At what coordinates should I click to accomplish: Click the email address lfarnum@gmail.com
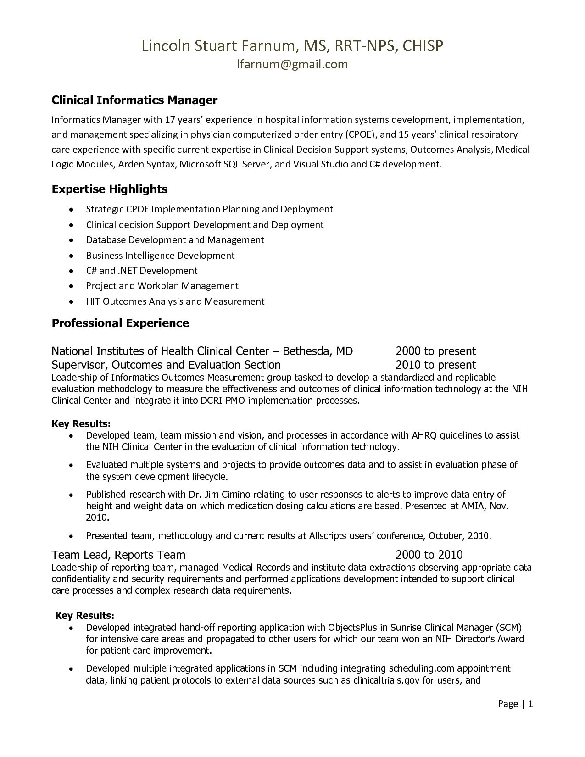(292, 64)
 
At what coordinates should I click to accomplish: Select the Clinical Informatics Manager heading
(134, 100)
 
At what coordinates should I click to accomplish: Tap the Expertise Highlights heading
(110, 189)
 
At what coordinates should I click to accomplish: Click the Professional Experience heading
(120, 323)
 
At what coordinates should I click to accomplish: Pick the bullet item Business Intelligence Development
(160, 256)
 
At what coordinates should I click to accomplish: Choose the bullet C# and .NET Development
(142, 271)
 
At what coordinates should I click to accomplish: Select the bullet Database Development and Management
(175, 240)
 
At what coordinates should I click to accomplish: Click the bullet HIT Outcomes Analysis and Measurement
(175, 301)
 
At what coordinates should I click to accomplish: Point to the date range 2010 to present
(435, 365)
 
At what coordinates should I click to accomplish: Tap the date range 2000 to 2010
(429, 555)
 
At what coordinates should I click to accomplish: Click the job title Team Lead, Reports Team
(118, 555)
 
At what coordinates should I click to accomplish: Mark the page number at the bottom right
(515, 704)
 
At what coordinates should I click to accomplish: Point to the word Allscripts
(328, 536)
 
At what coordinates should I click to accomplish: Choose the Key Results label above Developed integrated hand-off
(84, 616)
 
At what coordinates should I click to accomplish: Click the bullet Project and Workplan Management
(162, 286)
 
